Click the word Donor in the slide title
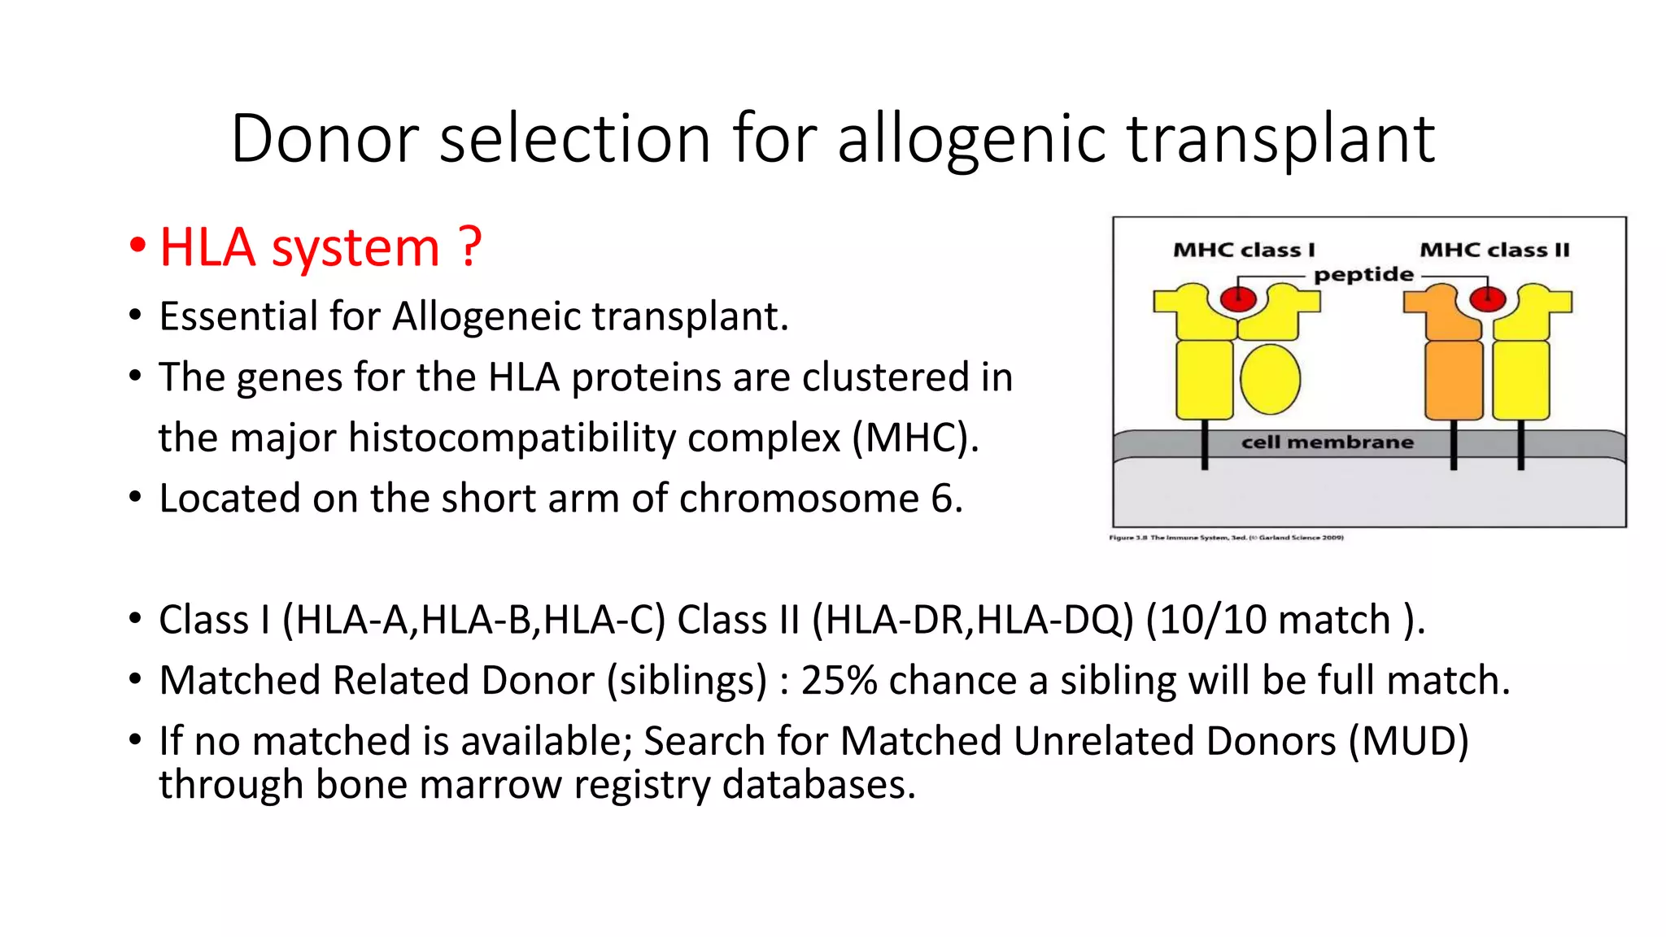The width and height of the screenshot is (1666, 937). tap(325, 138)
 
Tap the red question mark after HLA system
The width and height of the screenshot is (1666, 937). tap(469, 247)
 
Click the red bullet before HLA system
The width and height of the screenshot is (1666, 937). tap(137, 245)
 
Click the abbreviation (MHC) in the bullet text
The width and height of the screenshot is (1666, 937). tap(914, 438)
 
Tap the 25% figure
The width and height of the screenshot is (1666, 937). tap(839, 680)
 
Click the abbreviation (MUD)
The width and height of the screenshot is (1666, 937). tap(1408, 741)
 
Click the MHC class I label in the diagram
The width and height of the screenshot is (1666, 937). tap(1244, 250)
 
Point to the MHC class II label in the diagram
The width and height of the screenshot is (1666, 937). tap(1494, 250)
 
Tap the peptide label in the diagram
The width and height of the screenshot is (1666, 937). tap(1363, 274)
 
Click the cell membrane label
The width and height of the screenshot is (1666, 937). tap(1327, 442)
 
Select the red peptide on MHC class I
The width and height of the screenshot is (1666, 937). tap(1238, 299)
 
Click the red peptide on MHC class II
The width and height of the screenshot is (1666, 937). tap(1487, 299)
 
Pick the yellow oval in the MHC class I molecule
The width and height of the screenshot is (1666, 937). tap(1270, 379)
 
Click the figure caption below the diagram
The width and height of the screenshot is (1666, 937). tap(1226, 538)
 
